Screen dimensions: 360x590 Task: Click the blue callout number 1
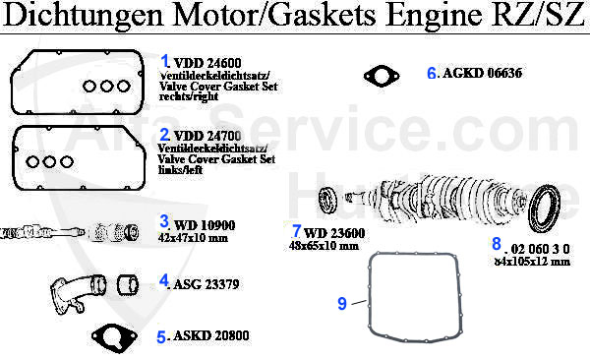165,60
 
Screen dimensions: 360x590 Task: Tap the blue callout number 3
165,222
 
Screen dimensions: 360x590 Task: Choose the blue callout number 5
161,336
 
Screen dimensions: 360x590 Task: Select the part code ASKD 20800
212,335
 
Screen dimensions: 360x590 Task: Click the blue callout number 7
296,231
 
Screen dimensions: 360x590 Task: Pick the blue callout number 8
497,243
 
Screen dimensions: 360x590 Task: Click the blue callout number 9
342,304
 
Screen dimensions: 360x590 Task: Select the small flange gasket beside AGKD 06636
379,75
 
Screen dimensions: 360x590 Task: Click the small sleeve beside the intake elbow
126,286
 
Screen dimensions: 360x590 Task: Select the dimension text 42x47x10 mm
200,237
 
